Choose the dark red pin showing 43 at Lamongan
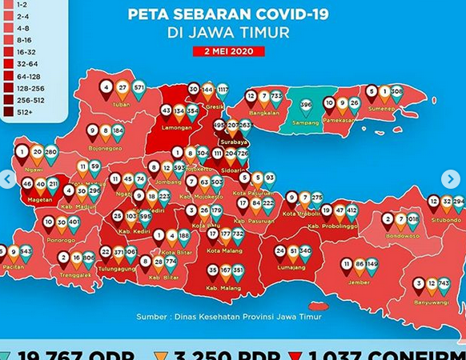(167, 111)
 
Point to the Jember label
(359, 282)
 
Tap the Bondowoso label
(401, 236)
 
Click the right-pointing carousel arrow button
(452, 179)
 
